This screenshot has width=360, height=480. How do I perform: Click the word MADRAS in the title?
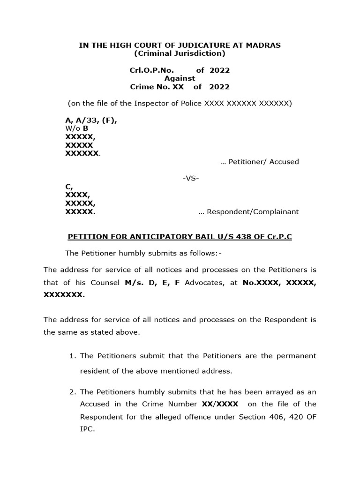tap(264, 45)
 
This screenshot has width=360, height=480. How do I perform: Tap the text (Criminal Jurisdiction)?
tap(180, 53)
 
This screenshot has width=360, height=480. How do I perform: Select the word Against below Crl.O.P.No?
tap(180, 78)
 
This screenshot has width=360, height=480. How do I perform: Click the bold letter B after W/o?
tap(86, 128)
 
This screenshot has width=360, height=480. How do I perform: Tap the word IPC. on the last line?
tap(88, 428)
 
